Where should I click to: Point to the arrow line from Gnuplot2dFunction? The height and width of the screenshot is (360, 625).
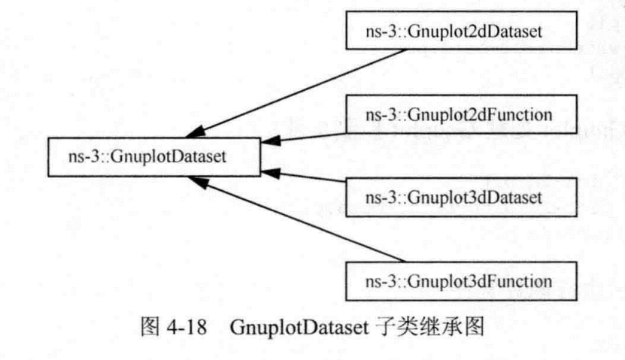click(316, 136)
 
